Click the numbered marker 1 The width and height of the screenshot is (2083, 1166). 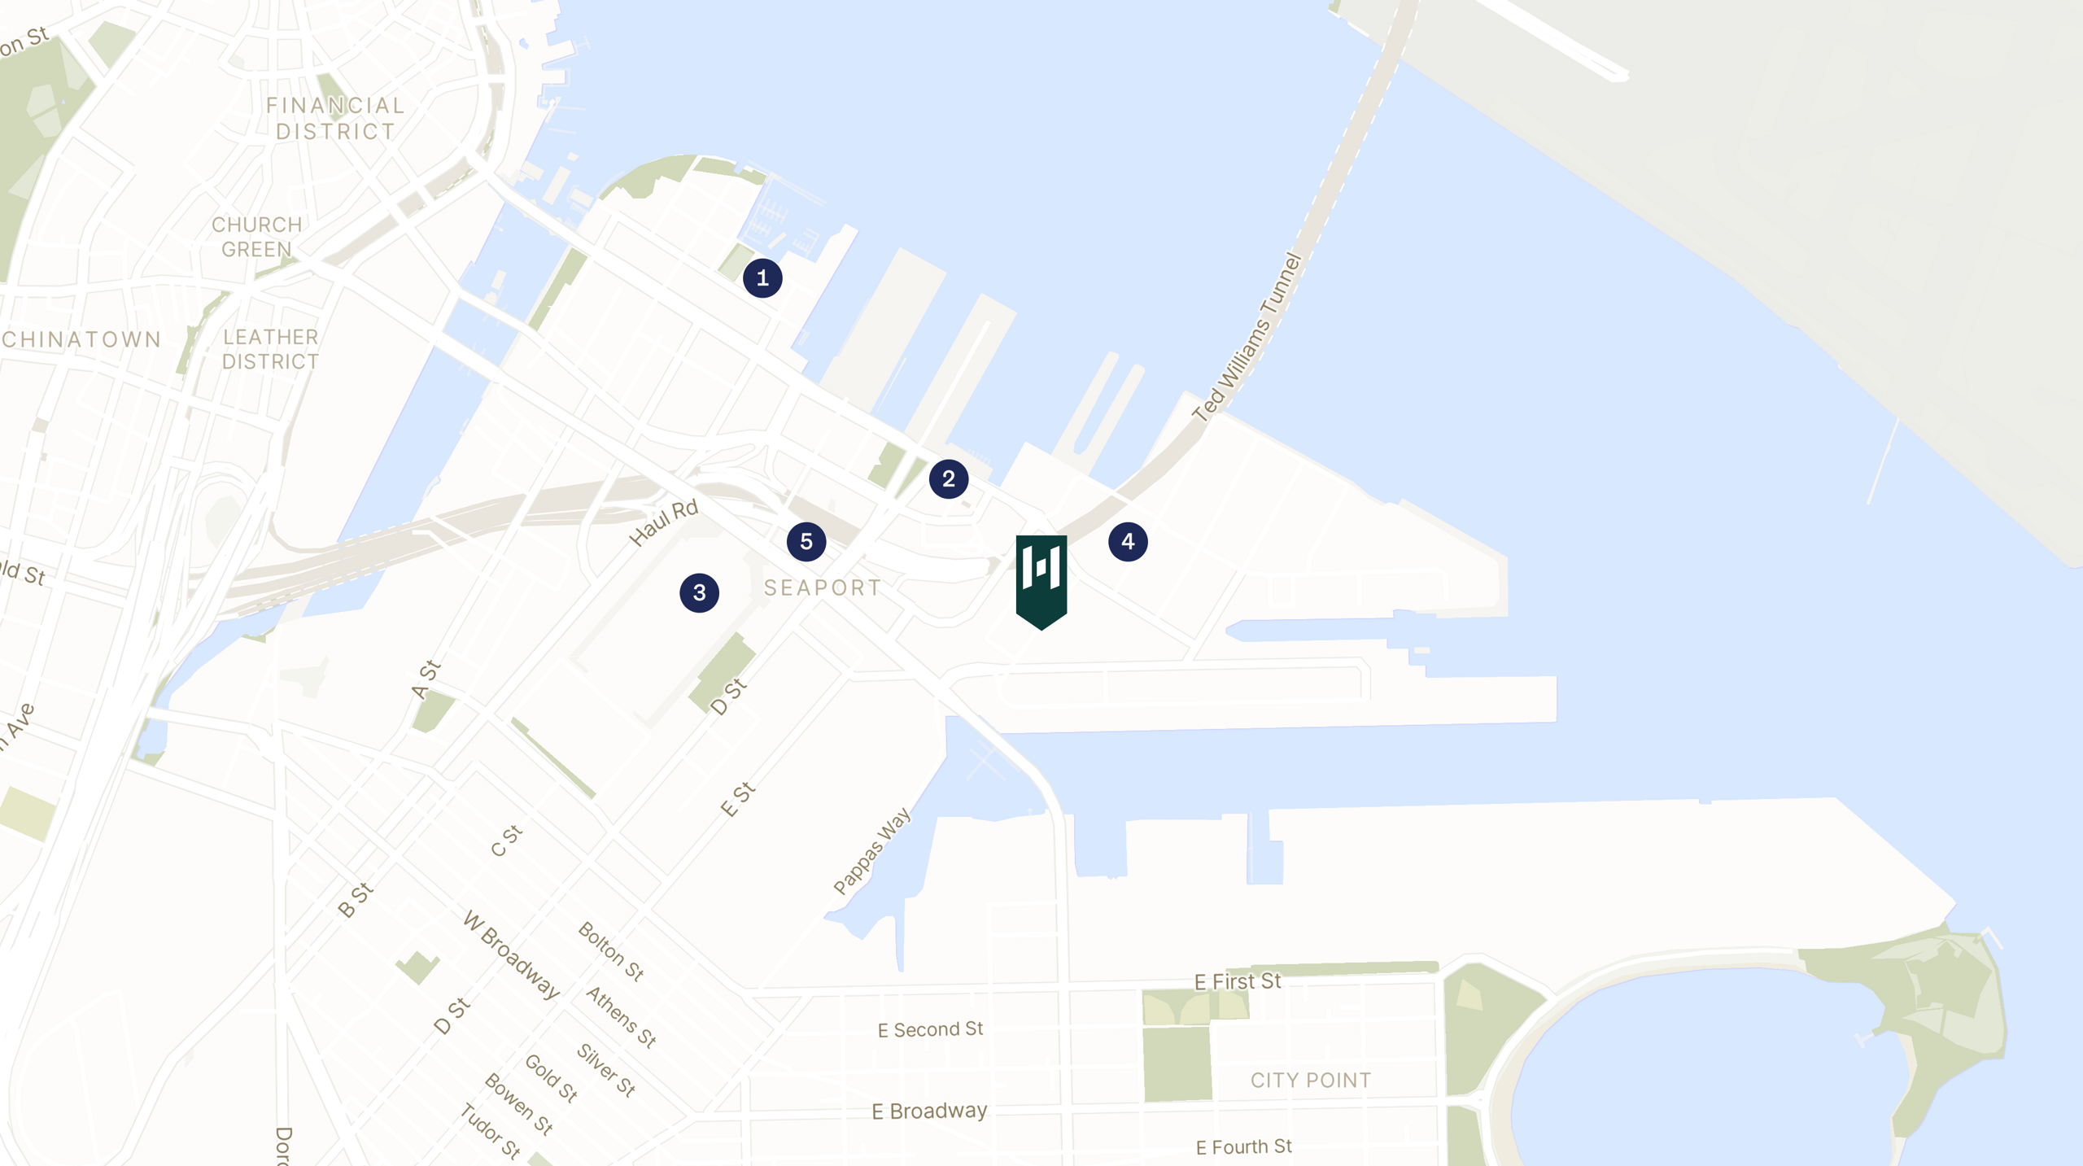(762, 278)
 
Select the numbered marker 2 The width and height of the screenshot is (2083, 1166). (949, 479)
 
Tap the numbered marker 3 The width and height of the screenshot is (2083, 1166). (700, 593)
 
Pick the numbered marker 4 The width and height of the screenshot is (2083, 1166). (1128, 542)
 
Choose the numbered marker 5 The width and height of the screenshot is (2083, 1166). (806, 542)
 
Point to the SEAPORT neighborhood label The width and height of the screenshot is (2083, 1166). (823, 588)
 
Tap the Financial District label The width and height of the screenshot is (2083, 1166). (335, 119)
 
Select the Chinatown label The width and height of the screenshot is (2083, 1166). (81, 339)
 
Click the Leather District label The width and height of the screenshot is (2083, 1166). (270, 349)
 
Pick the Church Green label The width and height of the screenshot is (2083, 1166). (257, 237)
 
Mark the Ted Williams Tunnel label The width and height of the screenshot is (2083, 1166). (1247, 338)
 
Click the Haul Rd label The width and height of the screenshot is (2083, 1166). (664, 522)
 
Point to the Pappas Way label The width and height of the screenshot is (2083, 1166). (872, 851)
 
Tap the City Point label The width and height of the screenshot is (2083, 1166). (1310, 1081)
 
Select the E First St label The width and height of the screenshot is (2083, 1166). (1238, 982)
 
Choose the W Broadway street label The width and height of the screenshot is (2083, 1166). (511, 955)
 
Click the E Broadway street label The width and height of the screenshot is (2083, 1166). (929, 1111)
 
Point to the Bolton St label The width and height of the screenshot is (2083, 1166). (611, 951)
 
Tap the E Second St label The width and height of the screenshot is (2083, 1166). (930, 1030)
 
